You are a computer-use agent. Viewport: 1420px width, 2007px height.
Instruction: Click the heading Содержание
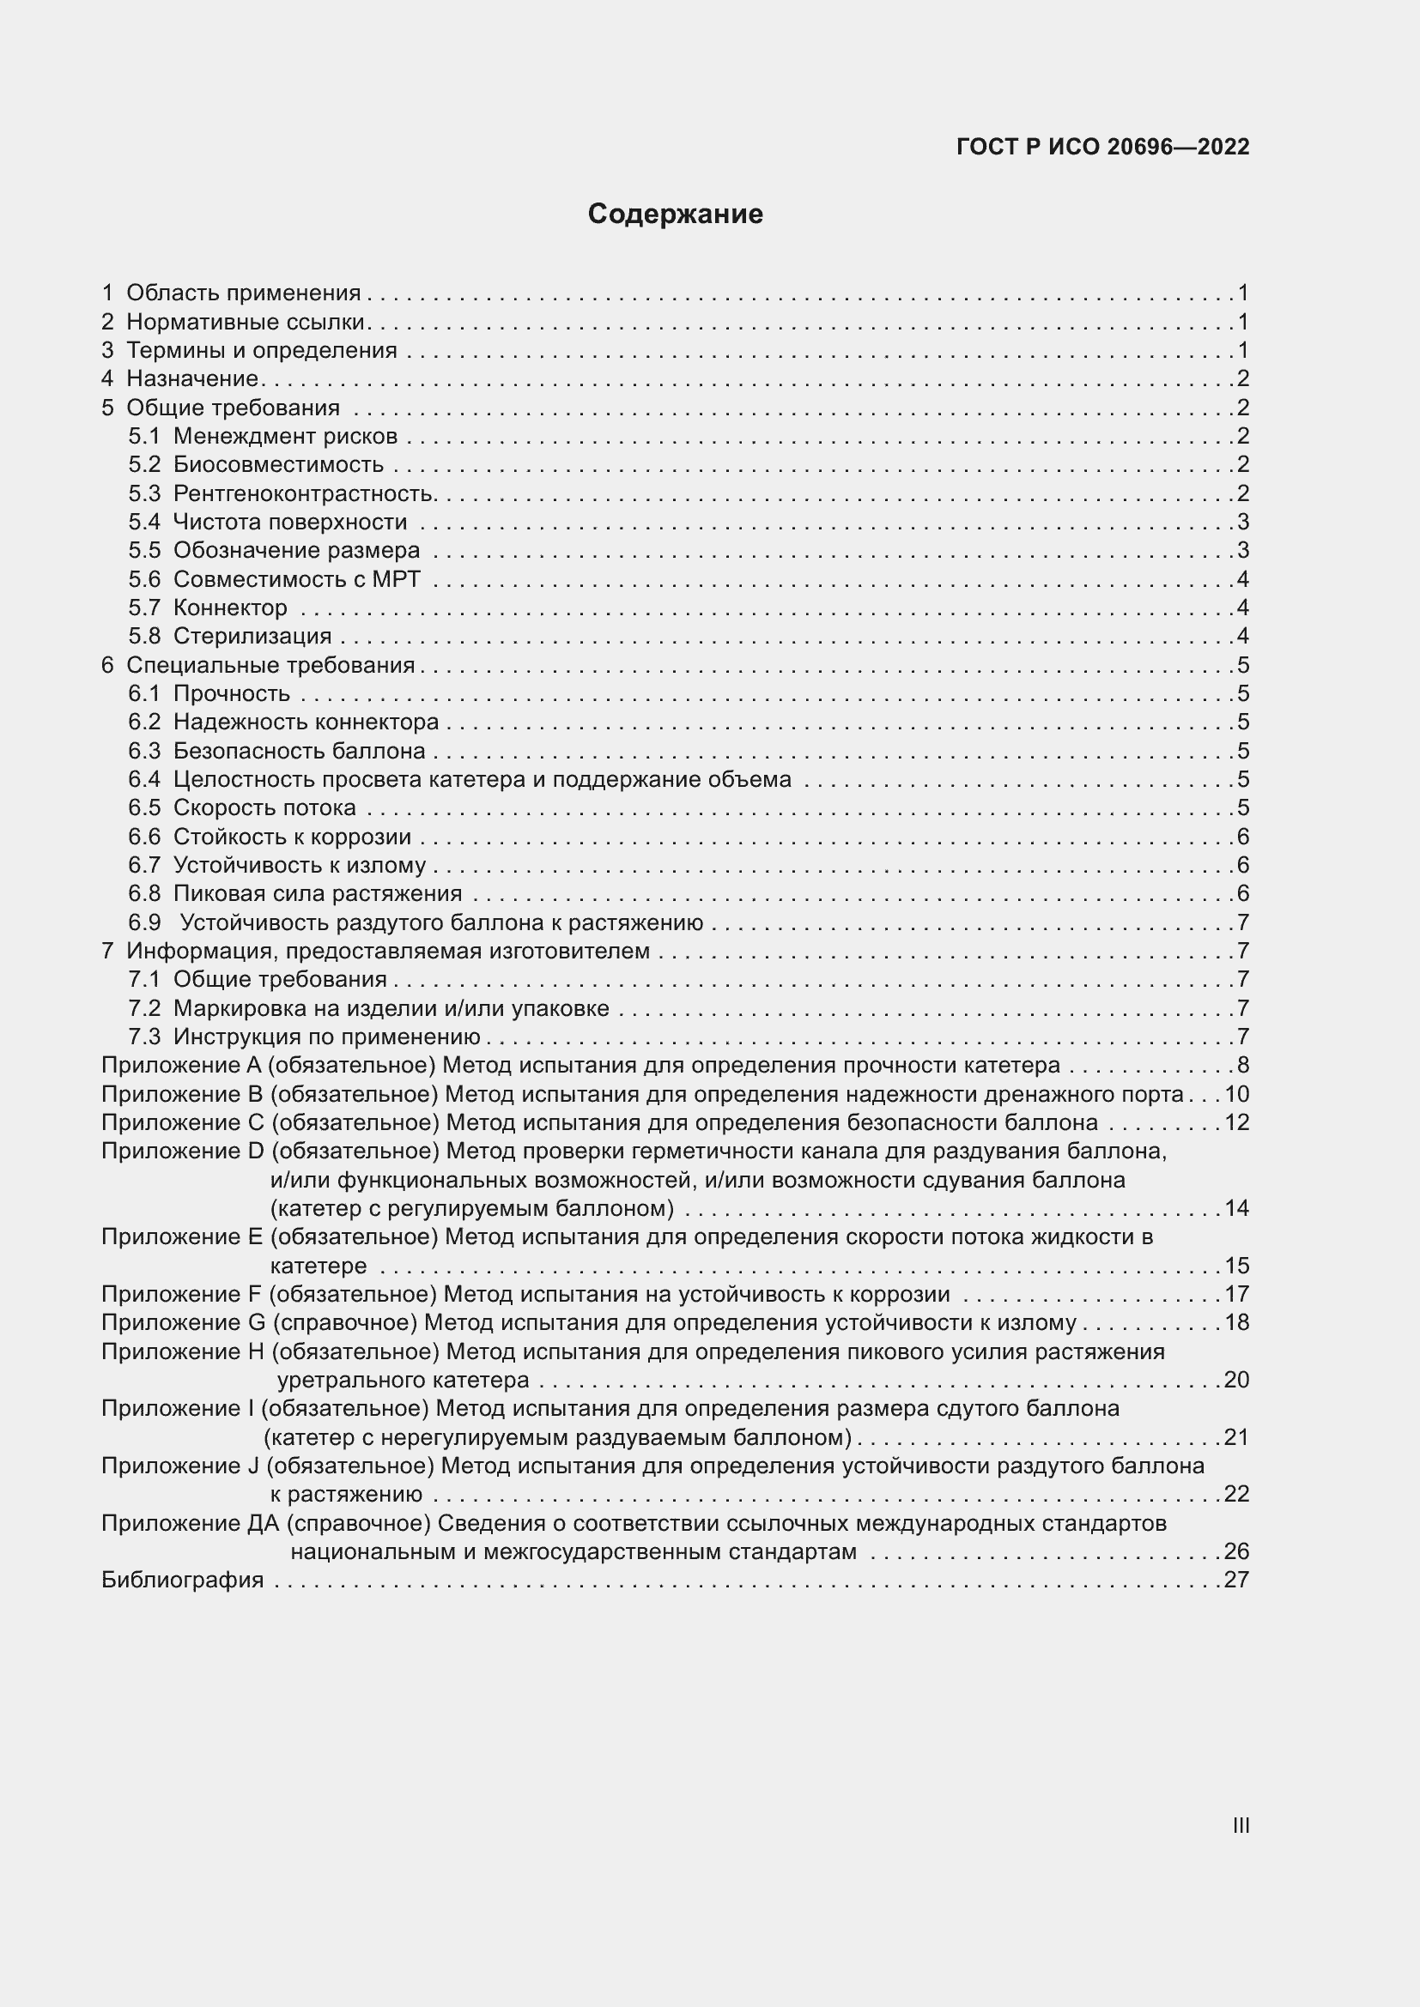coord(675,215)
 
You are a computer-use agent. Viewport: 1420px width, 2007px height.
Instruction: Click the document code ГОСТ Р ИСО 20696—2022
coord(1102,147)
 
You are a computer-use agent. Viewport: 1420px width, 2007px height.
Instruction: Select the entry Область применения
coord(243,293)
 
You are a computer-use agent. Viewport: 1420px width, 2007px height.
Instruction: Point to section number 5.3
coord(144,493)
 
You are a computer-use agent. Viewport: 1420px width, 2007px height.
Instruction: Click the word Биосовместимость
coord(278,464)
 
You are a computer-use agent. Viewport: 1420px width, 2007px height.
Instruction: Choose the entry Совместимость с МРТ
coord(296,578)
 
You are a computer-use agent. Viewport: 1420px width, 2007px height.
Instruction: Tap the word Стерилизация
coord(252,636)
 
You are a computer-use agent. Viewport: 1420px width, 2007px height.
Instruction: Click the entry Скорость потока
coord(264,807)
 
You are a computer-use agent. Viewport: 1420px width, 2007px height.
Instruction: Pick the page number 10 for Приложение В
coord(1236,1094)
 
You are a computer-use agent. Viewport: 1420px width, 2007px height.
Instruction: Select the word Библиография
coord(183,1580)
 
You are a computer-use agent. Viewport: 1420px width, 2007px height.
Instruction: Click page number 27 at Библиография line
coord(1236,1580)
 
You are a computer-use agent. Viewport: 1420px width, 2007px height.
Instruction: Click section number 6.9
coord(144,922)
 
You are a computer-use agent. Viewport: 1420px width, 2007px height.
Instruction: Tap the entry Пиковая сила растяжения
coord(318,893)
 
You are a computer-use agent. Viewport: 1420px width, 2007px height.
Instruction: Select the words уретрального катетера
coord(404,1380)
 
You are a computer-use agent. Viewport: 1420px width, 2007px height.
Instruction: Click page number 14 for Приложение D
coord(1236,1208)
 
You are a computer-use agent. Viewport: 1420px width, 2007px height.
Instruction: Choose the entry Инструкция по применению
coord(326,1037)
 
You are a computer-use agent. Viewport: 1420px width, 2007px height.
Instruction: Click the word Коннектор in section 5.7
coord(230,608)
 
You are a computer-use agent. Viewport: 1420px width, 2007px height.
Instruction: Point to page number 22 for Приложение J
coord(1236,1494)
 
